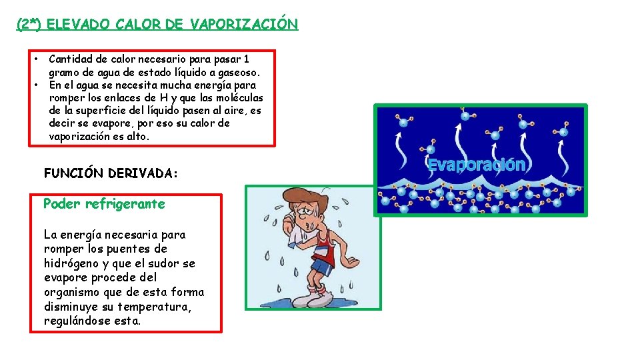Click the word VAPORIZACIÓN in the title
(244, 25)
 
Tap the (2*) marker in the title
(29, 25)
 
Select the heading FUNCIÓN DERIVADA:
(111, 173)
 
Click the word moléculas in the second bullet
(239, 98)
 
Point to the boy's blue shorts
(321, 267)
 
